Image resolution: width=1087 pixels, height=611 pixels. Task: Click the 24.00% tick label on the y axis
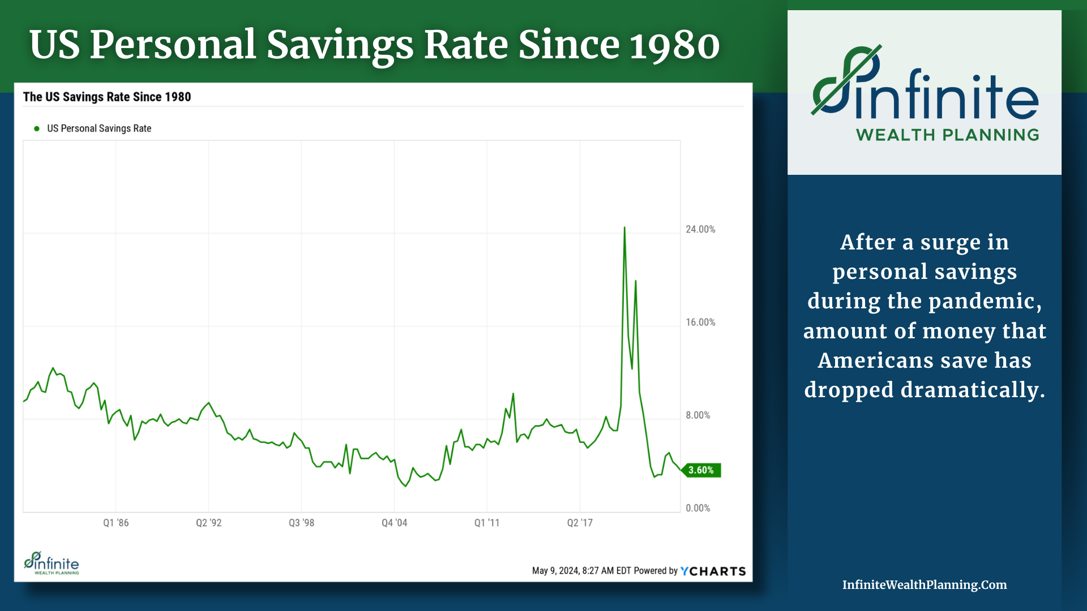(700, 229)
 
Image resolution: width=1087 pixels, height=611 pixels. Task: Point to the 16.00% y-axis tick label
(700, 322)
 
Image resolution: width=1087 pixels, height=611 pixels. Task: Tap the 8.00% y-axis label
(697, 415)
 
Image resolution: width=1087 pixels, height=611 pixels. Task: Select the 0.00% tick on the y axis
(697, 508)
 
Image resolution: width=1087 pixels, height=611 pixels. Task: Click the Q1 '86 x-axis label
(115, 523)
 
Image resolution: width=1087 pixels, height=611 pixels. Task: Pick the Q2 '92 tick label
(208, 523)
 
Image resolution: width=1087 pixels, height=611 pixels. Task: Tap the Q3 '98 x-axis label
(301, 523)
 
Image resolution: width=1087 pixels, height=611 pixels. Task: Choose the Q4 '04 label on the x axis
(394, 523)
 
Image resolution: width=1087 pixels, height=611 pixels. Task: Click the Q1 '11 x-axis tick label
(487, 523)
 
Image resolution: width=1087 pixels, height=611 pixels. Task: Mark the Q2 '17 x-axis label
(580, 523)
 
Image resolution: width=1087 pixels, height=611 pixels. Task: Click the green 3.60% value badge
(701, 470)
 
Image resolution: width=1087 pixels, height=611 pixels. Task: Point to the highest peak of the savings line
(624, 228)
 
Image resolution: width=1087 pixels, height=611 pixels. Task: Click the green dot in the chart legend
(37, 128)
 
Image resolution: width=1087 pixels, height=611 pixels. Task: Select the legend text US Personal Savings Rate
(99, 128)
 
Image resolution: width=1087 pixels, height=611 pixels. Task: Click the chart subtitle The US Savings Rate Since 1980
(107, 97)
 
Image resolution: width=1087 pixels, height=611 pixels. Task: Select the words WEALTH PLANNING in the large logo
(947, 135)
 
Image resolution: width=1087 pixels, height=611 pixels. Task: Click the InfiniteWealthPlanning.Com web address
(925, 585)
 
